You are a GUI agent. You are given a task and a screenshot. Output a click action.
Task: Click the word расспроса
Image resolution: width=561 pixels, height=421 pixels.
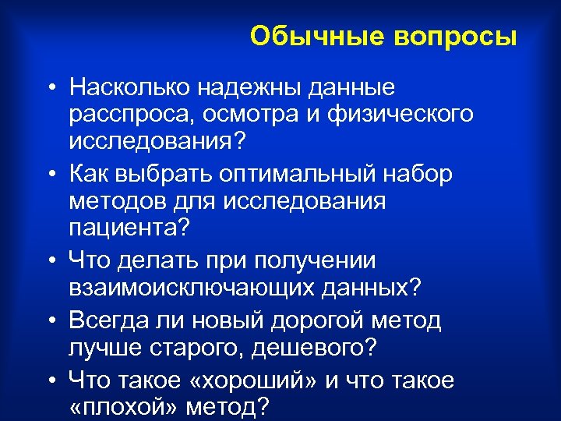pos(129,114)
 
